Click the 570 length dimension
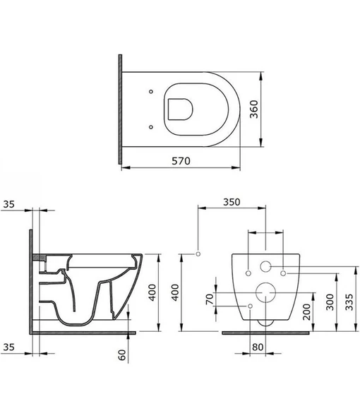pyautogui.click(x=182, y=160)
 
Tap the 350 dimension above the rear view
pyautogui.click(x=232, y=202)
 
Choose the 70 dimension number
pyautogui.click(x=208, y=299)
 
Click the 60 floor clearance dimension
pyautogui.click(x=121, y=354)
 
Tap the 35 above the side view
pyautogui.click(x=8, y=204)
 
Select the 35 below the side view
pyautogui.click(x=8, y=347)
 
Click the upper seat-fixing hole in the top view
pyautogui.click(x=152, y=91)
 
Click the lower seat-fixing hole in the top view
pyautogui.click(x=152, y=126)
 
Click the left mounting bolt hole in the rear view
pyautogui.click(x=249, y=271)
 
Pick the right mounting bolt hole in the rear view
pyautogui.click(x=282, y=271)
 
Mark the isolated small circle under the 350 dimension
pyautogui.click(x=198, y=253)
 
